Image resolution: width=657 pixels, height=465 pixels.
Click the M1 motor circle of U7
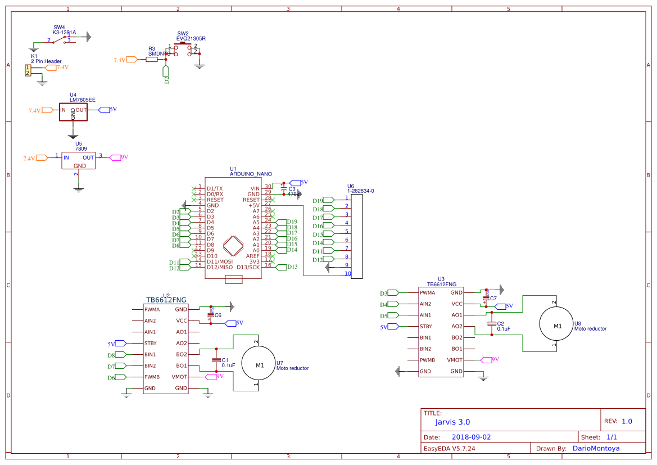point(260,365)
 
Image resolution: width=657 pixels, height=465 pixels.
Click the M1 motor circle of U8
point(557,326)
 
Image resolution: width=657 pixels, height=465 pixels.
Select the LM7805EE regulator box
point(74,111)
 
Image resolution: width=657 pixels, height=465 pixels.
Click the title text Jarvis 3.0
point(452,422)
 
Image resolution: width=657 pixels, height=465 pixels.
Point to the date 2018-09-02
point(471,437)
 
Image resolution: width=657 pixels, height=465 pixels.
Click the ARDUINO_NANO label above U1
point(251,174)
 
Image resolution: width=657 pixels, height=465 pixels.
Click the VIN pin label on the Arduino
point(255,188)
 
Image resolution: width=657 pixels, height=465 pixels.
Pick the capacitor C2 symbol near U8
point(491,324)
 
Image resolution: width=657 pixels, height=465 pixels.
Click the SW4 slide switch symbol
point(63,38)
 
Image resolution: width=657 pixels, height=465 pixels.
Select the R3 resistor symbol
point(152,60)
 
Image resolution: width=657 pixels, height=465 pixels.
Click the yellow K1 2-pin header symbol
point(27,70)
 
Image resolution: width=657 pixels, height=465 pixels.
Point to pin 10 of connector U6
point(348,274)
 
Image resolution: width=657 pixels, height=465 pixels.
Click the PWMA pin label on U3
point(427,293)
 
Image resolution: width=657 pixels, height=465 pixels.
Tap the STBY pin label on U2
point(150,343)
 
